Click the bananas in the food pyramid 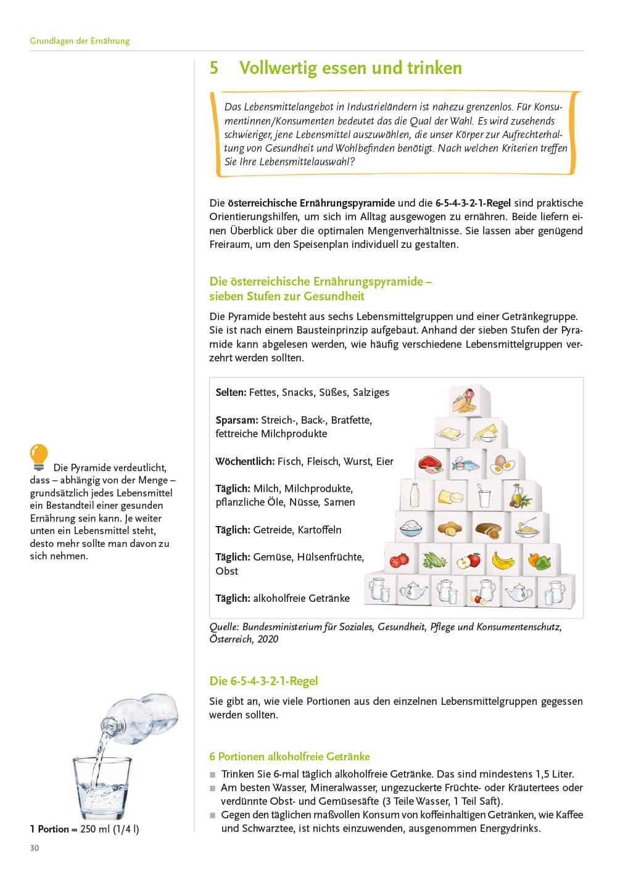(x=503, y=560)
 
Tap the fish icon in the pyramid (x=465, y=464)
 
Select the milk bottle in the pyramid (x=415, y=495)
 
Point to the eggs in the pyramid (x=501, y=464)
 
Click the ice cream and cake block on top (x=464, y=401)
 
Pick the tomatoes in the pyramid (x=400, y=560)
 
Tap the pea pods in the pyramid (x=434, y=560)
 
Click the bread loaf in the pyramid (x=487, y=528)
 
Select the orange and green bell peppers (x=539, y=560)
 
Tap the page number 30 (x=35, y=848)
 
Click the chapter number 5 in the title (x=214, y=68)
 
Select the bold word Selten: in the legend (x=231, y=392)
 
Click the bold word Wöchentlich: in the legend (x=245, y=461)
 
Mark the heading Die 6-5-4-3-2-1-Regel (x=263, y=681)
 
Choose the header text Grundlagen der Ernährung (x=80, y=41)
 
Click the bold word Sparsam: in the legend (x=237, y=420)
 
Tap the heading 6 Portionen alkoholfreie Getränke (x=289, y=757)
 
